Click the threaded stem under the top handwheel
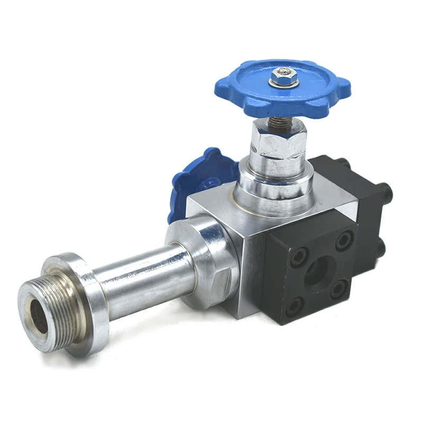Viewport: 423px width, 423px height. [x=279, y=121]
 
